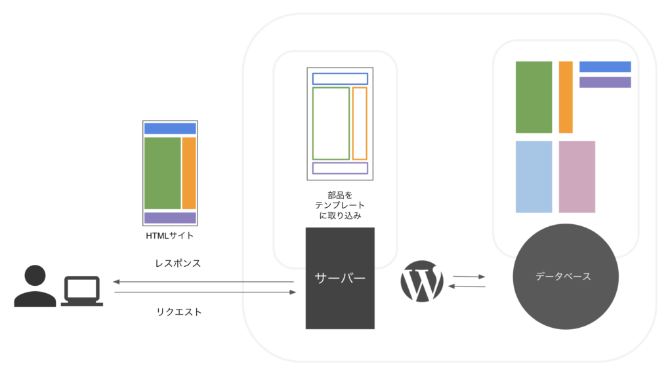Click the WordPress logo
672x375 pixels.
422,281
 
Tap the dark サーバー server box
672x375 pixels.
340,278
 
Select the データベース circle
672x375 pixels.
565,277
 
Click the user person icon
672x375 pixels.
35,286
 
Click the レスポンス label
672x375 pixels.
178,264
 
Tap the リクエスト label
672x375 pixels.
178,312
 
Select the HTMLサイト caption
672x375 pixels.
170,235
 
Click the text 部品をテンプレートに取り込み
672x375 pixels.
340,205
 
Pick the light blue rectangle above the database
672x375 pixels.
534,177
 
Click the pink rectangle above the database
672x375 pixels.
577,177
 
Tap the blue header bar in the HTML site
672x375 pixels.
170,128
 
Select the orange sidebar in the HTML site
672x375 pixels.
189,173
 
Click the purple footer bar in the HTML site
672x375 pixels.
170,218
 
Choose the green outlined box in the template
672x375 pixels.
313,123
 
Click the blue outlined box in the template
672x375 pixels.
340,73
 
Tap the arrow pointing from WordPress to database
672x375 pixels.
469,277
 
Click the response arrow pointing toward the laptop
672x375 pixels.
203,282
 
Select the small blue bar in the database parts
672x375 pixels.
605,66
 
